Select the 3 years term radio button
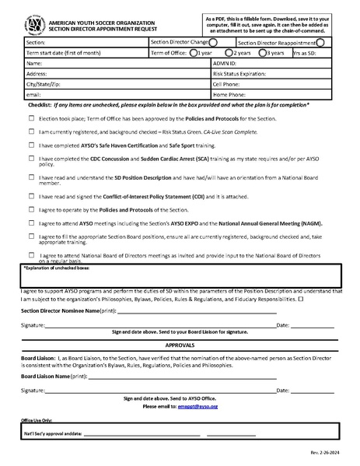264,53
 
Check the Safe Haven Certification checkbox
32,145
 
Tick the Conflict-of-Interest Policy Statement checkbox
32,195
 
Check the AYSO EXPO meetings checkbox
32,222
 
